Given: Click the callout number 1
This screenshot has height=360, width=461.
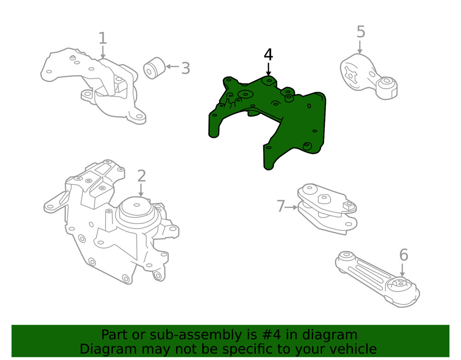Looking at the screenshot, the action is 102,38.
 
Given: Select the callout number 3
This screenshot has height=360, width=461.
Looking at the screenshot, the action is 185,68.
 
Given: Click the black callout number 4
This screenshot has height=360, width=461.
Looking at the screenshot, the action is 268,55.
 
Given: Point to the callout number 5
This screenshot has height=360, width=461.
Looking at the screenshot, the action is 361,32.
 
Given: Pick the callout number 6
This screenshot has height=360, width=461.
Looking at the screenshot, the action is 404,255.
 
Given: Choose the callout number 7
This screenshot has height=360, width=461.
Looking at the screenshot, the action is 281,206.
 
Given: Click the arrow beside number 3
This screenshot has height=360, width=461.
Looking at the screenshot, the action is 172,67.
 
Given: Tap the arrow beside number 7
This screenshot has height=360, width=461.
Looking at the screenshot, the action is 292,207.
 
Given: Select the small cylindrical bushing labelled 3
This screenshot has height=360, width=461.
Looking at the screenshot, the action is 154,68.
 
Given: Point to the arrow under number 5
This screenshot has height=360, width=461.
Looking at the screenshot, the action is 360,47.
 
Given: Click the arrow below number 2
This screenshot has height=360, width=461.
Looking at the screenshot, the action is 141,190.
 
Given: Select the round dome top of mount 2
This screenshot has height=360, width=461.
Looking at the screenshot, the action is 137,209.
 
